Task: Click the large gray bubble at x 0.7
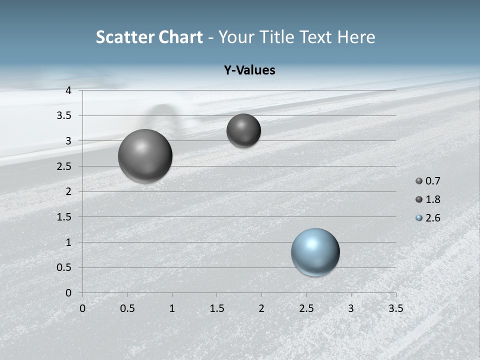[x=145, y=156]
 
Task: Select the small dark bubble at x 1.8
[x=243, y=130]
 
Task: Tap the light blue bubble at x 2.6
[x=315, y=252]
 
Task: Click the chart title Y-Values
[x=249, y=70]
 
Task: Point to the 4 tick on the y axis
[x=68, y=90]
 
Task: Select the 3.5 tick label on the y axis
[x=64, y=115]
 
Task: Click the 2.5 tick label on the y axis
[x=64, y=166]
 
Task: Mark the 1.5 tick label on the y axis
[x=64, y=217]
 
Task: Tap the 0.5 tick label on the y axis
[x=64, y=267]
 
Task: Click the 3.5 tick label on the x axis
[x=395, y=308]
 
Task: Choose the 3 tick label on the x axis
[x=351, y=308]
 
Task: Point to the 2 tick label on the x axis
[x=261, y=308]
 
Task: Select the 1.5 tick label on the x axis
[x=216, y=308]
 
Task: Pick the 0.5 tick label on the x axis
[x=127, y=308]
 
